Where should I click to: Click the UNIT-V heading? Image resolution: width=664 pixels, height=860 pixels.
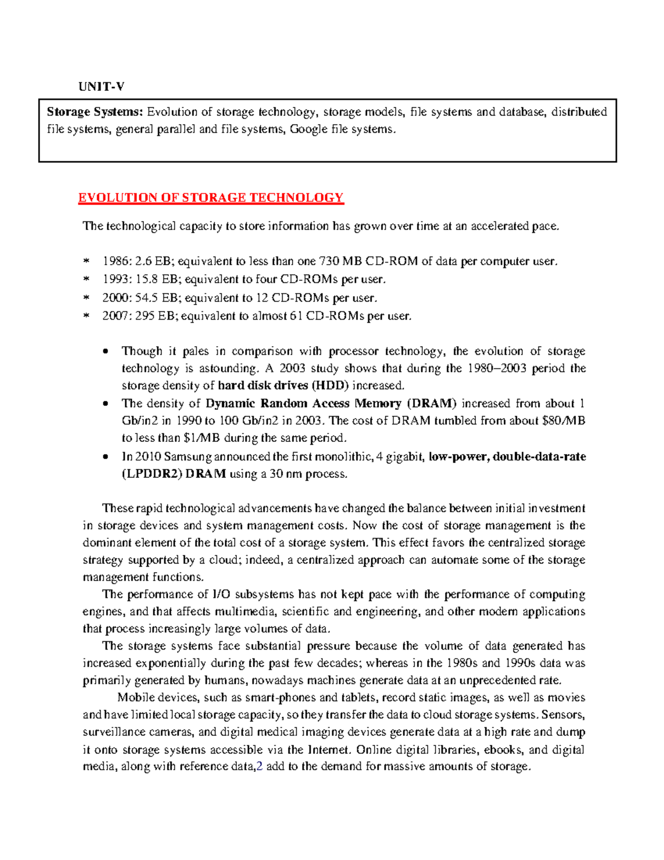pyautogui.click(x=101, y=86)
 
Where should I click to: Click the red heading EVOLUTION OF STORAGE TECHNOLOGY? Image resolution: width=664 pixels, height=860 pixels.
pyautogui.click(x=211, y=198)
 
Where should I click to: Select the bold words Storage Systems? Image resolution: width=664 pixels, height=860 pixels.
pyautogui.click(x=95, y=112)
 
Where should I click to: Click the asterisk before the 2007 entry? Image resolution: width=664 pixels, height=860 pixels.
pyautogui.click(x=86, y=317)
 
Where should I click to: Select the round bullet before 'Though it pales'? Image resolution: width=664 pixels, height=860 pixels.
pyautogui.click(x=106, y=352)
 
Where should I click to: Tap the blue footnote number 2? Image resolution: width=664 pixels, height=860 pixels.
pyautogui.click(x=260, y=767)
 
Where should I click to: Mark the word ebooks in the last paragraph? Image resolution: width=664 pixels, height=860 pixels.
pyautogui.click(x=503, y=750)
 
